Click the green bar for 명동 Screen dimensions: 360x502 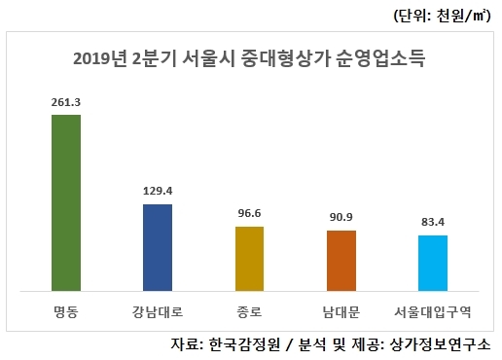[x=65, y=202]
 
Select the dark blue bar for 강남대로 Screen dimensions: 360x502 [x=157, y=247]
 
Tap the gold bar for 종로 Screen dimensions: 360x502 [x=249, y=258]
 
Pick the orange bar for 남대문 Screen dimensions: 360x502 [x=341, y=260]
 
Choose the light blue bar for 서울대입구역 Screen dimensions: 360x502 [x=433, y=263]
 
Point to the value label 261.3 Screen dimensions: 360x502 [x=65, y=101]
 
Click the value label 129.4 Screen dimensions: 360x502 [x=157, y=191]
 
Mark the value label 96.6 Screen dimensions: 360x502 [x=249, y=213]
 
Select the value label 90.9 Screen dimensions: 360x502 [x=341, y=217]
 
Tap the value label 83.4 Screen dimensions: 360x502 [x=433, y=222]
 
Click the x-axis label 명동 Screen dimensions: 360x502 [x=65, y=313]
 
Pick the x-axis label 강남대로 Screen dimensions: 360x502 [x=157, y=313]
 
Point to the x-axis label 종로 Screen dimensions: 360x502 [x=249, y=313]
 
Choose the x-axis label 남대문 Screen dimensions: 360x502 [x=341, y=313]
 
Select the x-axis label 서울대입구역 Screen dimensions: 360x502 [x=433, y=313]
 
